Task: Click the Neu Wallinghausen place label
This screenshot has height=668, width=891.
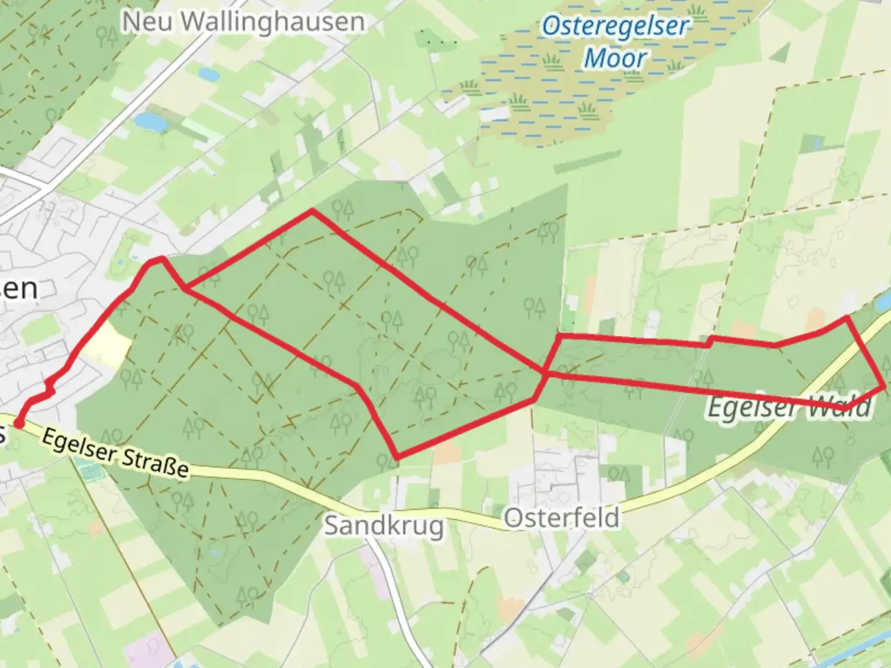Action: tap(243, 22)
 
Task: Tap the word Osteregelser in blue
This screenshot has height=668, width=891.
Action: tap(615, 27)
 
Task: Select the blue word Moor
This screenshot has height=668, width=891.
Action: tap(615, 58)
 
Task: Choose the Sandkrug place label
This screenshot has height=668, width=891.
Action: tap(384, 526)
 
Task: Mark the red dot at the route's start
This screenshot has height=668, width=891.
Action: tap(19, 424)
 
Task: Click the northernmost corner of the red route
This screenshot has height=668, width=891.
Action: tap(312, 211)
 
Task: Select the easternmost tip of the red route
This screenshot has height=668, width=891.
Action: tap(884, 386)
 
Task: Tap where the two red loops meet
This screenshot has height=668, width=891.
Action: tap(545, 372)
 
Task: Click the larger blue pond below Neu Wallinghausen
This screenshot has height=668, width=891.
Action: tap(151, 122)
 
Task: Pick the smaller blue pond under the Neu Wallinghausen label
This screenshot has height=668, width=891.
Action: tap(207, 75)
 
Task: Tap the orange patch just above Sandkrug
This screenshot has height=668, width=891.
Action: tap(447, 455)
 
